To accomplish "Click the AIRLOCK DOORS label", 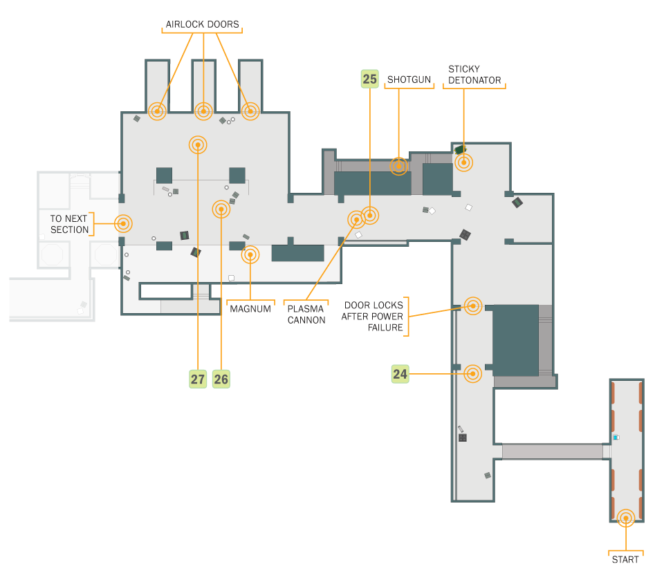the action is click(x=202, y=25).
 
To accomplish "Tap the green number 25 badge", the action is click(x=369, y=79).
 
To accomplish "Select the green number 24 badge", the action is click(x=400, y=374).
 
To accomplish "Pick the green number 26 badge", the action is click(x=221, y=379).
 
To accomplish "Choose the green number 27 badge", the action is click(x=198, y=379).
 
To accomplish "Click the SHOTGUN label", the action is click(x=409, y=79).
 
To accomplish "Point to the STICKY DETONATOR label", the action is click(x=474, y=75).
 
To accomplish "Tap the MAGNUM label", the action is click(x=250, y=309).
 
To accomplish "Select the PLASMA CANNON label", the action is click(x=306, y=315).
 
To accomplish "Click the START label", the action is click(x=625, y=560).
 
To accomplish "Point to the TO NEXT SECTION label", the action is click(x=69, y=224).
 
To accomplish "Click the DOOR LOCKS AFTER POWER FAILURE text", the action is click(x=372, y=316).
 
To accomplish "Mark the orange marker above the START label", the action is click(x=626, y=518).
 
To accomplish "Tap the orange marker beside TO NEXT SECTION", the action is click(x=123, y=223).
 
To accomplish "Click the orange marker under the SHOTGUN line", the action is click(x=398, y=167).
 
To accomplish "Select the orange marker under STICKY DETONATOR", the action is click(x=463, y=162).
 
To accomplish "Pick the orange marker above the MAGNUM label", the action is click(x=250, y=255).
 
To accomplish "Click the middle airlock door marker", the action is click(x=203, y=111).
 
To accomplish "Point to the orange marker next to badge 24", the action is click(x=472, y=374).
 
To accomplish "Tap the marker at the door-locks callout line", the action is click(x=473, y=306).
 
